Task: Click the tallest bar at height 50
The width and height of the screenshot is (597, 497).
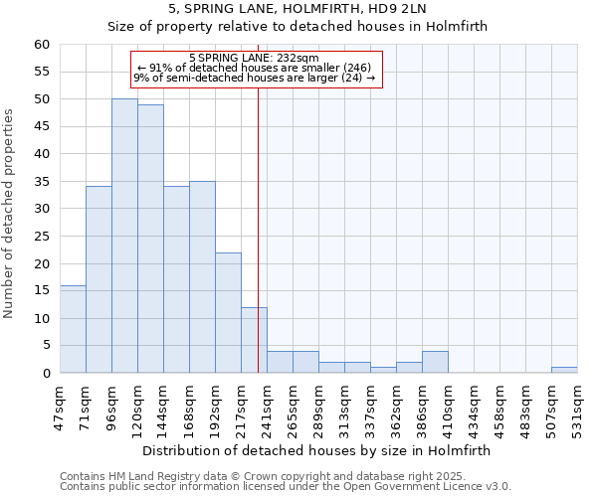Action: point(124,236)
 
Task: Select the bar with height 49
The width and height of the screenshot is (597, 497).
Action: point(150,239)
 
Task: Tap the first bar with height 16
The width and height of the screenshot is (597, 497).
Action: point(73,329)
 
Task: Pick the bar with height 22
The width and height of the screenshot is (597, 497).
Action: point(228,312)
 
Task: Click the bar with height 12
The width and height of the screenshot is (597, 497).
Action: point(254,340)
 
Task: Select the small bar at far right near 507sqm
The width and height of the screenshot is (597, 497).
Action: point(564,370)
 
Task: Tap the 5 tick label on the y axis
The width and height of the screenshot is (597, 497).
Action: point(45,346)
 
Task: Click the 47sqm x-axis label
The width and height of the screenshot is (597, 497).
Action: point(61,406)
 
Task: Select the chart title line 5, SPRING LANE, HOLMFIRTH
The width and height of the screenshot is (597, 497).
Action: point(298,10)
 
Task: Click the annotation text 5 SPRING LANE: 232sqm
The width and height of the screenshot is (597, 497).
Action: point(254,59)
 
